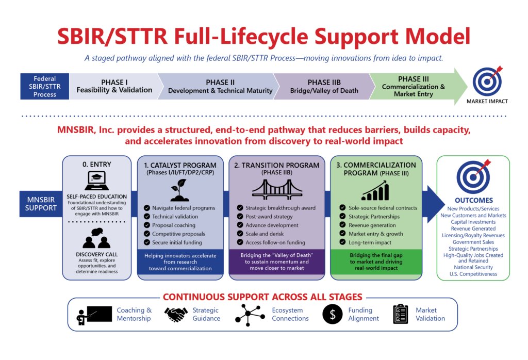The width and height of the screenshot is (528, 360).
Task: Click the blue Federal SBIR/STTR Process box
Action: click(x=44, y=86)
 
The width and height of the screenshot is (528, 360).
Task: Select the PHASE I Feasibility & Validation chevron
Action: click(x=114, y=86)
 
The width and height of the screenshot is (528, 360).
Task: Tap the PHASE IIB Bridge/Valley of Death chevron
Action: click(x=324, y=86)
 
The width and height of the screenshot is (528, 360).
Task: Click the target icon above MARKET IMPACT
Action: click(x=487, y=81)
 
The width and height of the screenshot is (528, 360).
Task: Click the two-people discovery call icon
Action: click(x=96, y=238)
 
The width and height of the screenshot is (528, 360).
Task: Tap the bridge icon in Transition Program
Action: click(x=277, y=190)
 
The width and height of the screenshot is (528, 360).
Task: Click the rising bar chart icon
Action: click(x=375, y=190)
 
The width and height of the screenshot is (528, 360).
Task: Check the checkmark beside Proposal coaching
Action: click(x=147, y=225)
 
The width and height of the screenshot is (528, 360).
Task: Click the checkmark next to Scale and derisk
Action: click(x=240, y=233)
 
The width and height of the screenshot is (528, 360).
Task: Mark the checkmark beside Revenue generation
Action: click(x=342, y=225)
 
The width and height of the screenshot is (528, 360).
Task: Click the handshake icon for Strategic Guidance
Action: click(x=176, y=314)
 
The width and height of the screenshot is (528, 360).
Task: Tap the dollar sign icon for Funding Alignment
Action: click(x=333, y=314)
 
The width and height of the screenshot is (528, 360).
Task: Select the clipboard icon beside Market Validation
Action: click(x=400, y=314)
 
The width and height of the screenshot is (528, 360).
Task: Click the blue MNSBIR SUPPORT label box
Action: click(x=41, y=204)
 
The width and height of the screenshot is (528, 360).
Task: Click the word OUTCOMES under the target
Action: click(x=473, y=201)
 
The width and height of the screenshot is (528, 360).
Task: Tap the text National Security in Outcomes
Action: click(x=473, y=267)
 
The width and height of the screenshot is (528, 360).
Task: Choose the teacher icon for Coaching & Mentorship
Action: click(x=94, y=315)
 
